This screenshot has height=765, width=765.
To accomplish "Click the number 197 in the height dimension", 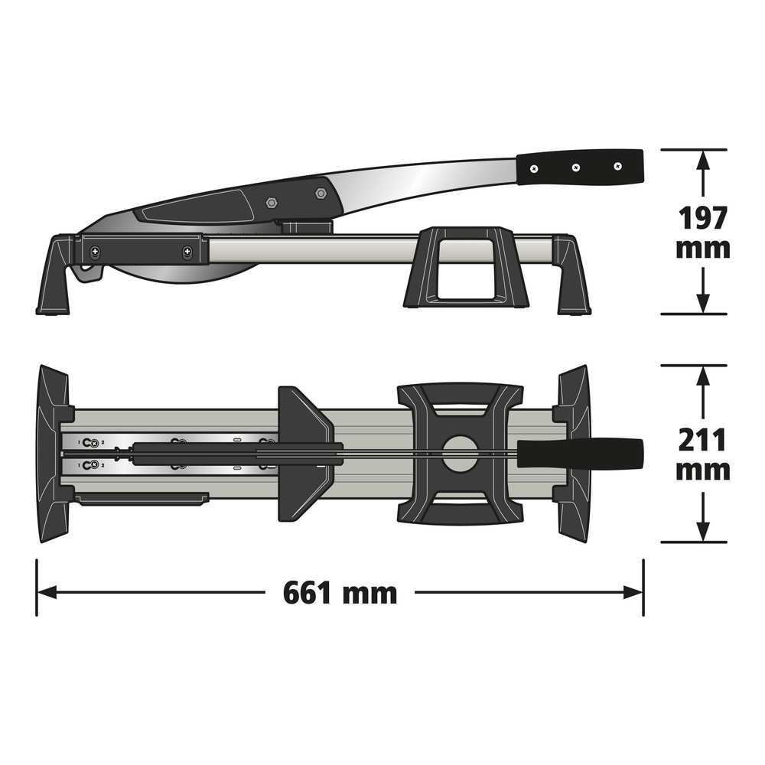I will [x=702, y=219].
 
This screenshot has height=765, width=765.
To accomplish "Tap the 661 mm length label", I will [x=340, y=593].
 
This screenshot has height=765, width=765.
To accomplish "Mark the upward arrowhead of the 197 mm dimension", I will [x=702, y=158].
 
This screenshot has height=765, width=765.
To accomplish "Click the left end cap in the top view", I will [x=52, y=454].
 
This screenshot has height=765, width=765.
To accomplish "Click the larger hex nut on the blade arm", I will [x=321, y=194].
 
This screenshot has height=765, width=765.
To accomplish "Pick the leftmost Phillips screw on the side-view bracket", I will [x=95, y=252].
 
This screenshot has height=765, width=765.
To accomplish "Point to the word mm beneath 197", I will [x=702, y=249].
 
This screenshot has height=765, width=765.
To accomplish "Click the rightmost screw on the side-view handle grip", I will [x=617, y=166].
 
